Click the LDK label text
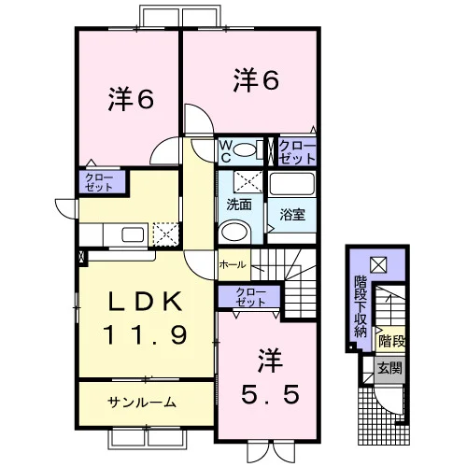click(145, 302)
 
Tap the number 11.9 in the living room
click(145, 334)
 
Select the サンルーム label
click(142, 403)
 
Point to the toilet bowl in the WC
click(245, 150)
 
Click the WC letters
click(226, 151)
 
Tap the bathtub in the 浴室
click(291, 184)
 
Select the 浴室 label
click(292, 215)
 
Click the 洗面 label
click(239, 205)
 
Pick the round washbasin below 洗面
click(234, 231)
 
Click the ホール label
click(233, 265)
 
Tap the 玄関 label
click(390, 369)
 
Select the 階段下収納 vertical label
click(361, 307)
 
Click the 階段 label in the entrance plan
click(391, 342)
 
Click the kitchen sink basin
click(133, 234)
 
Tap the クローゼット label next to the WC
click(297, 152)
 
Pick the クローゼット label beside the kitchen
click(99, 182)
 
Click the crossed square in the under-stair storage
click(378, 264)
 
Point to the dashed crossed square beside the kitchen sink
click(165, 234)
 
